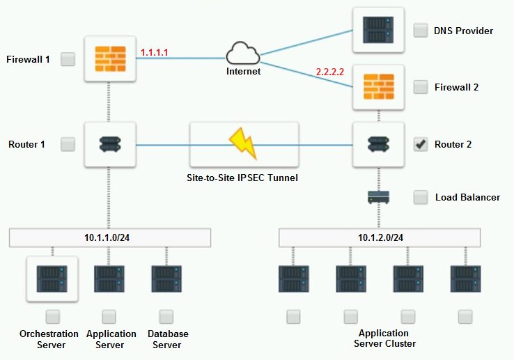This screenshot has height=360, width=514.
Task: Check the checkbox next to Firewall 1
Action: pyautogui.click(x=68, y=59)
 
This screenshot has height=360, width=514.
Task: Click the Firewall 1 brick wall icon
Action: pyautogui.click(x=109, y=59)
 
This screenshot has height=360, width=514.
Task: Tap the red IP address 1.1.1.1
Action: pyautogui.click(x=155, y=52)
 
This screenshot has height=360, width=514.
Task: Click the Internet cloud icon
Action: pyautogui.click(x=242, y=54)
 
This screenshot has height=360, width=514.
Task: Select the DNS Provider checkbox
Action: pyautogui.click(x=421, y=31)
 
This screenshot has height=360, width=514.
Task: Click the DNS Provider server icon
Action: pyautogui.click(x=378, y=30)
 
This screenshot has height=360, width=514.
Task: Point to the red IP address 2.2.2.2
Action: pyautogui.click(x=330, y=72)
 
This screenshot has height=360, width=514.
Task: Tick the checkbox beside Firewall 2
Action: pyautogui.click(x=421, y=87)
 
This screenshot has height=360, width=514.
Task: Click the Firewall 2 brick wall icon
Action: pyautogui.click(x=378, y=87)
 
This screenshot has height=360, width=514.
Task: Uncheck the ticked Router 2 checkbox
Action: pyautogui.click(x=421, y=144)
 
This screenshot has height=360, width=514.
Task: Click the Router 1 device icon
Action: pyautogui.click(x=109, y=145)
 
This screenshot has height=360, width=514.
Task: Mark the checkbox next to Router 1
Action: pyautogui.click(x=68, y=144)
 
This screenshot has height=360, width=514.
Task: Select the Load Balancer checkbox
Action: pyautogui.click(x=421, y=197)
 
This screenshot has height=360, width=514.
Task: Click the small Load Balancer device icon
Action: pyautogui.click(x=378, y=197)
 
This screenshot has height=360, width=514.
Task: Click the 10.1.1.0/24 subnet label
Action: pyautogui.click(x=110, y=237)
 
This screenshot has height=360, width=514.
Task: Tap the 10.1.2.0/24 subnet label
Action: pyautogui.click(x=380, y=237)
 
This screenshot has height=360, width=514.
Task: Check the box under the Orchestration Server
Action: pyautogui.click(x=52, y=317)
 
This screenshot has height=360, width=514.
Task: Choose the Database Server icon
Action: pyautogui.click(x=166, y=279)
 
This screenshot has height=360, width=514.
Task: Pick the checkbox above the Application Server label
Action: pyautogui.click(x=109, y=317)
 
